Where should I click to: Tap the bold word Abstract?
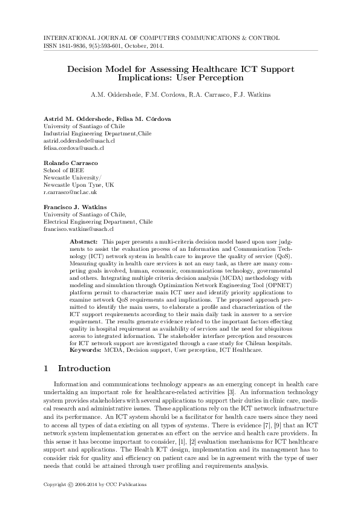coord(85,241)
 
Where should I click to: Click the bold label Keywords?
coord(87,350)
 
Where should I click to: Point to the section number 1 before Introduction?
coord(47,368)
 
